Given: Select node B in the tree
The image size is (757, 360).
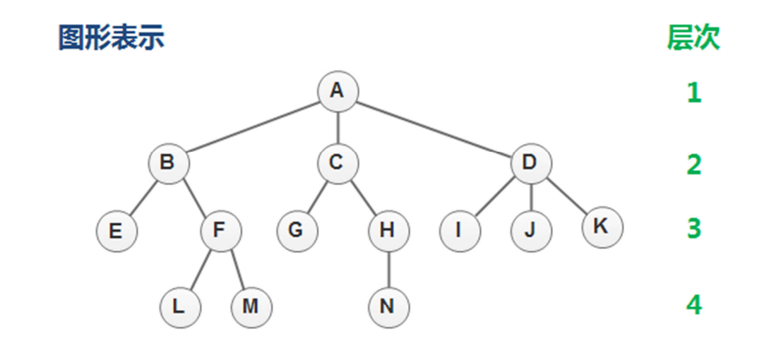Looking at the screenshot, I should pos(168,163).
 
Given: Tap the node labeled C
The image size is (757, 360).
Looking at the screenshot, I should pos(338,163).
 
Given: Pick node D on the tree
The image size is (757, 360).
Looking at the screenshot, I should pos(530,163).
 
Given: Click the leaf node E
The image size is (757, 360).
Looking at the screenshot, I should pos(117,231).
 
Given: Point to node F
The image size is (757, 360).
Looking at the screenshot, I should pos(220,231).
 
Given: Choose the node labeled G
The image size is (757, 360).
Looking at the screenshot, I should pos(297,231).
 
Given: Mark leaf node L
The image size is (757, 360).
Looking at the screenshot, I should pos(179,307).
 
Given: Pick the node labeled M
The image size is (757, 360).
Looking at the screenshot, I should pos(251,307).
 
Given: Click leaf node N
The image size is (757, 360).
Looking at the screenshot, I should pos(388,307).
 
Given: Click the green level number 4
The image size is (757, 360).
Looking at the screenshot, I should pos(694,306).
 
